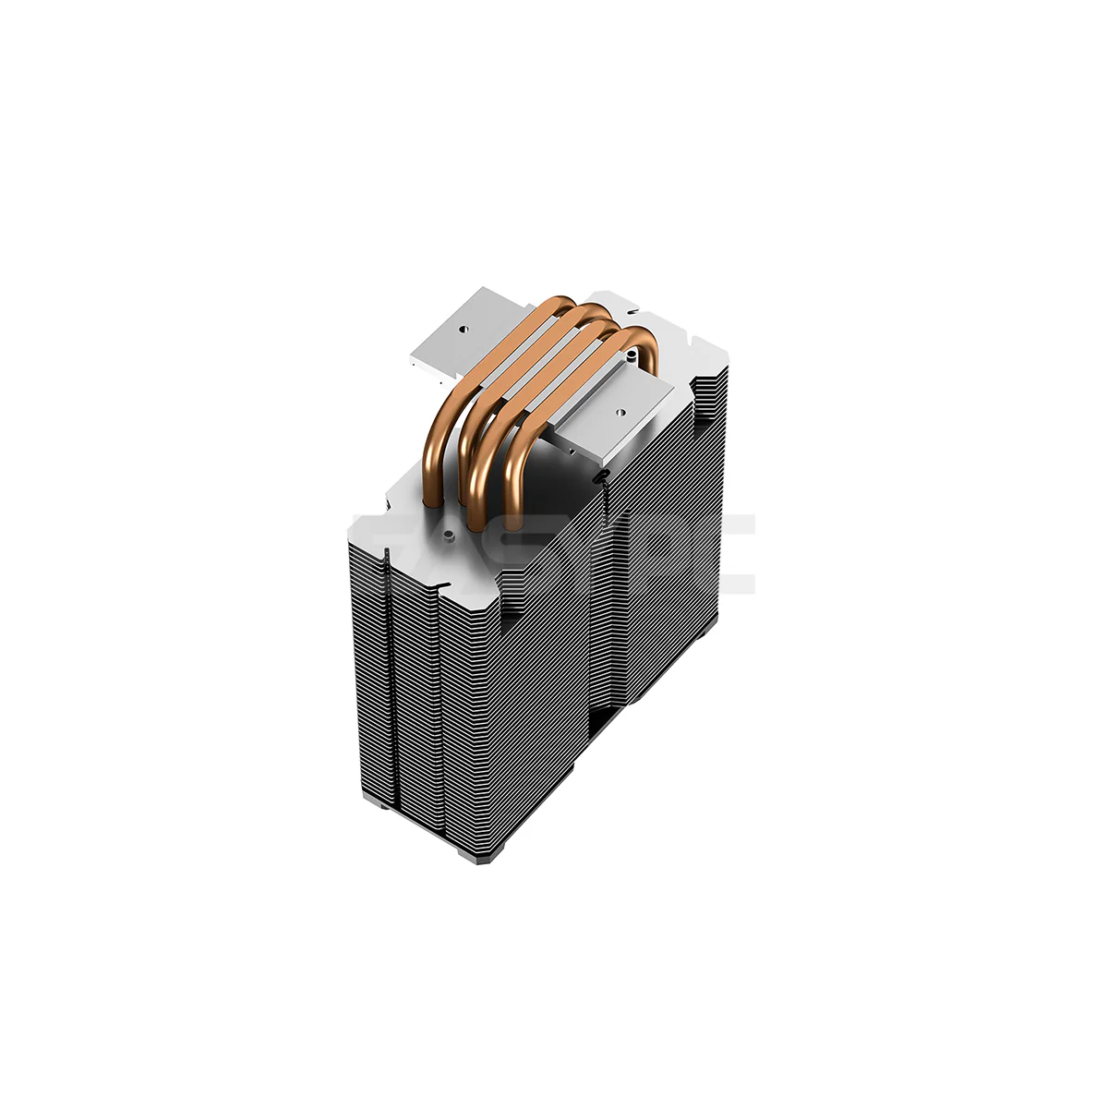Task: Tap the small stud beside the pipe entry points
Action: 446,533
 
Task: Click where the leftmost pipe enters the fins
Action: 430,503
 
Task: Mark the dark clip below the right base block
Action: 603,476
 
